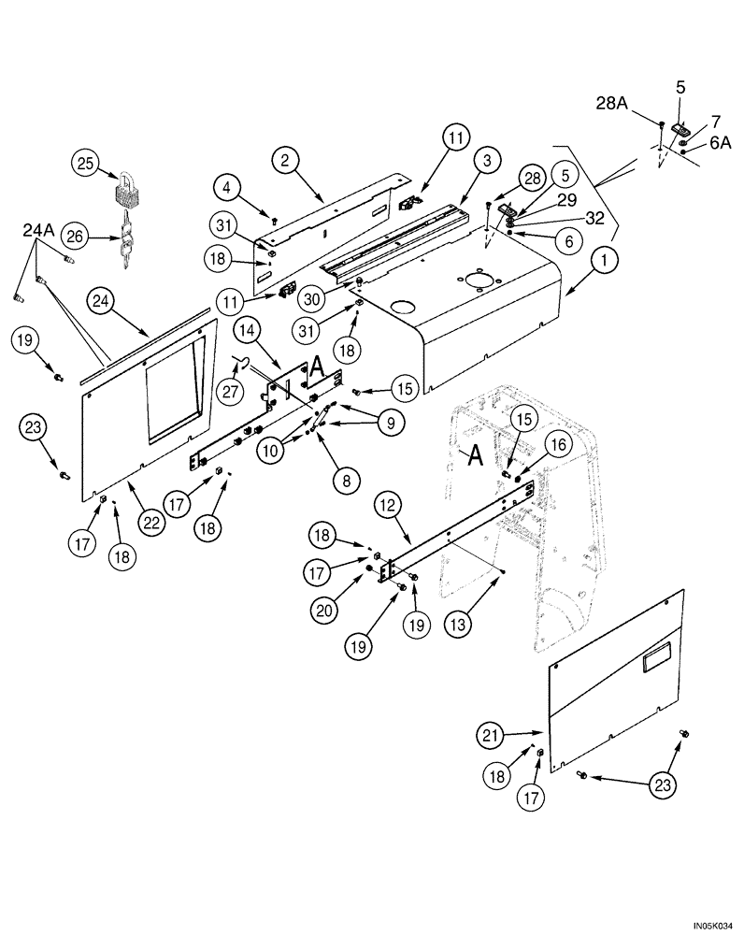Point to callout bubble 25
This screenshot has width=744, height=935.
[x=86, y=165]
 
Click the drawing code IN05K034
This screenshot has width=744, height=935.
[x=714, y=926]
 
